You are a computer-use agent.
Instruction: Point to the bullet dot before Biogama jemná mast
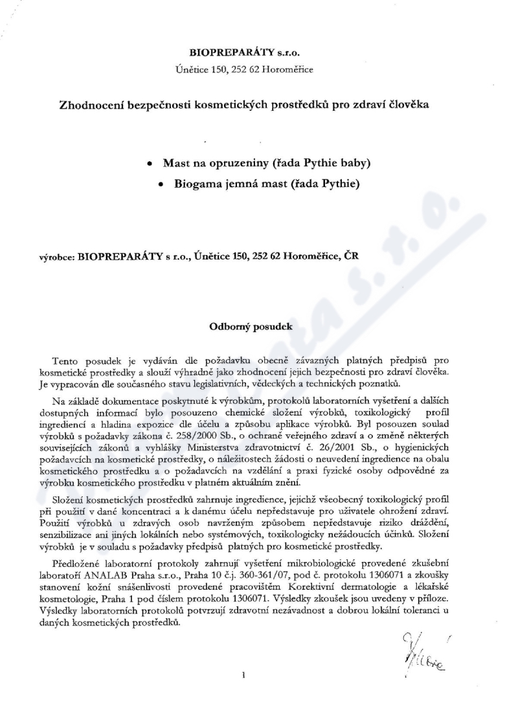(x=162, y=183)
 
